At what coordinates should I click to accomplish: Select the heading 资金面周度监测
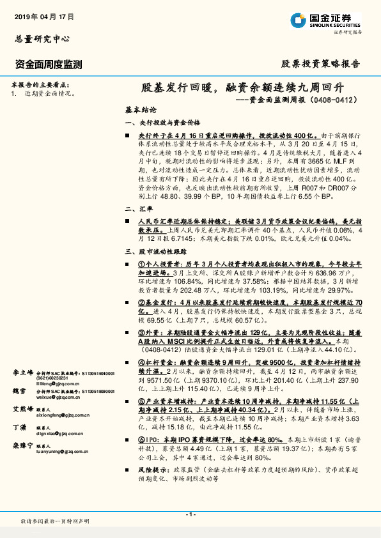48,65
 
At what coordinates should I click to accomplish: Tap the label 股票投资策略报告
321,65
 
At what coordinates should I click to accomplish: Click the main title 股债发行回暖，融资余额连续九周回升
242,88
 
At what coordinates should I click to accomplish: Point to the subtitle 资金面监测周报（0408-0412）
296,100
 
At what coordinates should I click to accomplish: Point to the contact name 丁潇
19,427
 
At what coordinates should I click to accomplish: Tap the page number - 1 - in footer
190,514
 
